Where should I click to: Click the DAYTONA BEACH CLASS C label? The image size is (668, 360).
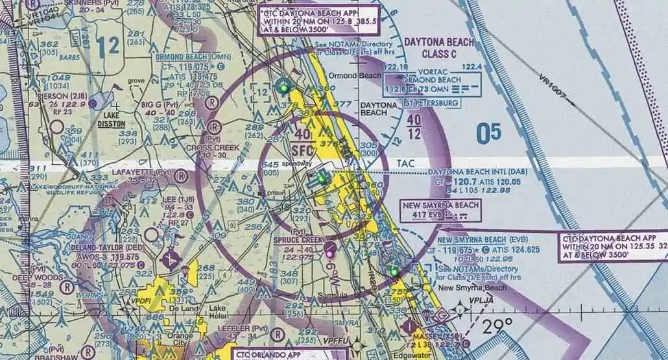point(438,48)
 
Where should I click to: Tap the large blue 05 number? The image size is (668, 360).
point(488,133)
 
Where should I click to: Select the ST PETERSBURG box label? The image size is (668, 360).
point(431,103)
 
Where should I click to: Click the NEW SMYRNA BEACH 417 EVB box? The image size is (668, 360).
point(440,211)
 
